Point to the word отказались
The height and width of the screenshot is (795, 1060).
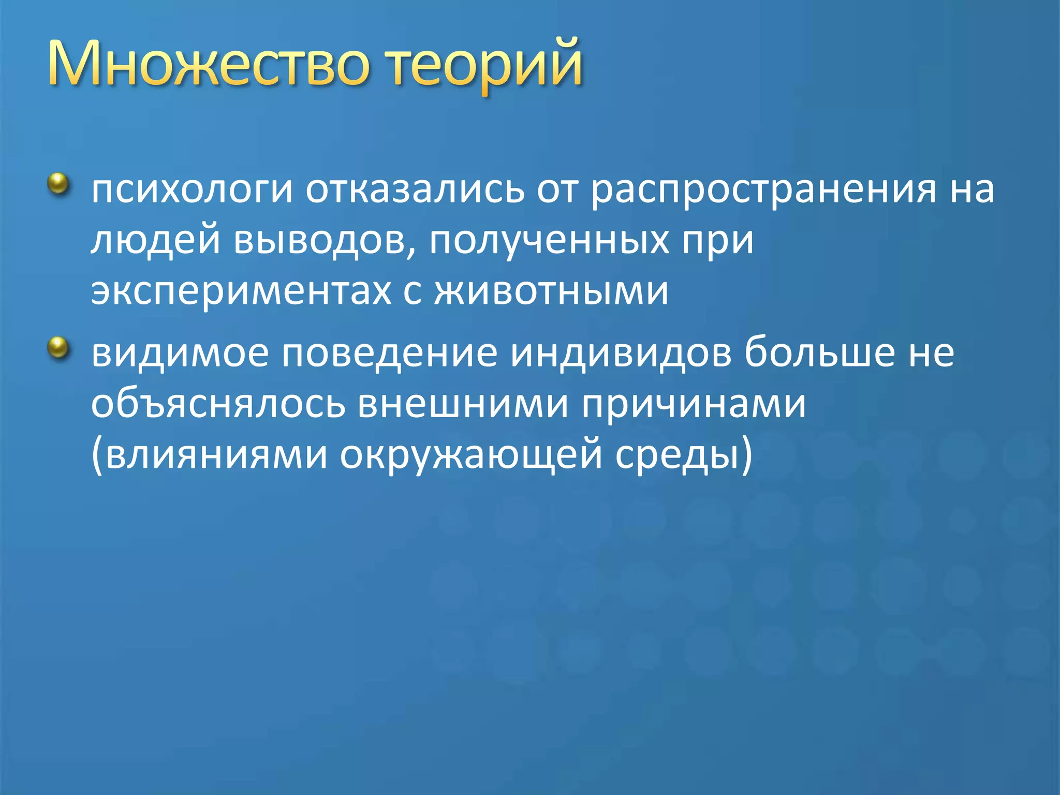415,189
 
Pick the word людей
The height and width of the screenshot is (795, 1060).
155,241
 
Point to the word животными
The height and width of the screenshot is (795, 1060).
551,291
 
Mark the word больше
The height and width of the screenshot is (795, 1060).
820,352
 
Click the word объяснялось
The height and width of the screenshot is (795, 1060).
218,404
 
